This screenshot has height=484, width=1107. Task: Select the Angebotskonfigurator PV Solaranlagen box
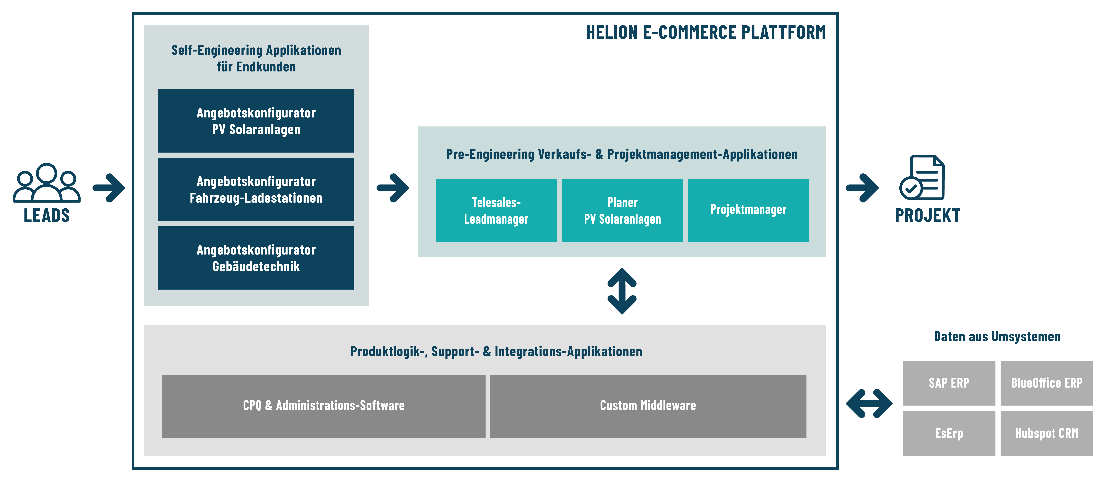coord(256,121)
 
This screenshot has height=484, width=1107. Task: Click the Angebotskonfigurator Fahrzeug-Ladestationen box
coord(256,190)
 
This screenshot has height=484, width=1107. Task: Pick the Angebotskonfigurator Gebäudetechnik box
coord(256,258)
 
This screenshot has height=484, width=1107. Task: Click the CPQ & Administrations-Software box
coord(324,406)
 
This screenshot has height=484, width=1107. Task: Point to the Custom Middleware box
coord(648,406)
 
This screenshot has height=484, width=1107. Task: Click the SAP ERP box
coord(949,382)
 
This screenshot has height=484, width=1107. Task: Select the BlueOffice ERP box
coord(1046,382)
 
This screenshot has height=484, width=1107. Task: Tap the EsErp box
coord(949,433)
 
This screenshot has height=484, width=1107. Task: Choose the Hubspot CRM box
coord(1046,433)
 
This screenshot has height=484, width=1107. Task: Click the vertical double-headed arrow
coord(622,291)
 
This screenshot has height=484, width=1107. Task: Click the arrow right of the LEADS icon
coord(109,188)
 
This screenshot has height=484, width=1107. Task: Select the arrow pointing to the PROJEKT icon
coord(862,188)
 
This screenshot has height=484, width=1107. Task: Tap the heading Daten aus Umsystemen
coord(997,337)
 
